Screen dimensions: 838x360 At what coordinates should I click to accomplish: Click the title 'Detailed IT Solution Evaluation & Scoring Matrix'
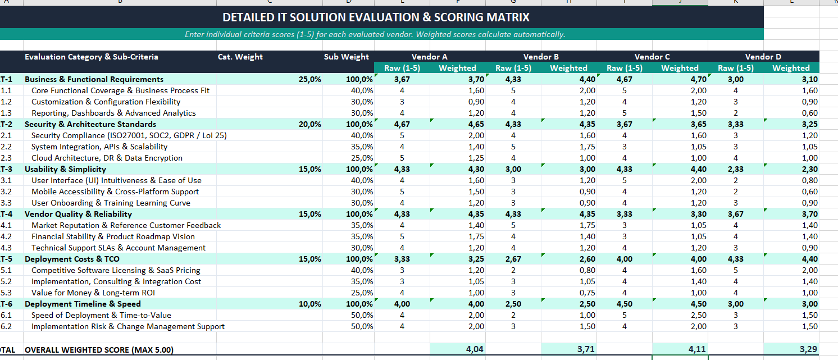pyautogui.click(x=376, y=17)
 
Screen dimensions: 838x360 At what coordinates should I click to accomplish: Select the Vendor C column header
pyautogui.click(x=652, y=57)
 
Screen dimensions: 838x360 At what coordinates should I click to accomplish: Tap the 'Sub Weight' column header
pyautogui.click(x=346, y=57)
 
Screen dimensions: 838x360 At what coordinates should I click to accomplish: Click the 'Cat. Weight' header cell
pyautogui.click(x=240, y=57)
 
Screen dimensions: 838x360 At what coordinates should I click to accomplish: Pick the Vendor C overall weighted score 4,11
pyautogui.click(x=697, y=349)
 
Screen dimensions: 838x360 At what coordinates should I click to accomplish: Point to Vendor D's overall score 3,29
pyautogui.click(x=808, y=349)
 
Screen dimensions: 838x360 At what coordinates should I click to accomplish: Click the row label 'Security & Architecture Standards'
pyautogui.click(x=90, y=124)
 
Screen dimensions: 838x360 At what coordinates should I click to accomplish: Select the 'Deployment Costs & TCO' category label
pyautogui.click(x=72, y=259)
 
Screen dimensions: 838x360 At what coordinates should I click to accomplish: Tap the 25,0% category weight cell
pyautogui.click(x=310, y=79)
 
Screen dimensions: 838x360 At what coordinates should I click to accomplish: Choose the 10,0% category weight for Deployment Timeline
pyautogui.click(x=310, y=304)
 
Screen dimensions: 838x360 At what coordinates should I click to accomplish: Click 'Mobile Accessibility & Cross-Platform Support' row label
pyautogui.click(x=115, y=192)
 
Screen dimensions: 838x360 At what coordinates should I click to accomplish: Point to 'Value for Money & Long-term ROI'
pyautogui.click(x=93, y=293)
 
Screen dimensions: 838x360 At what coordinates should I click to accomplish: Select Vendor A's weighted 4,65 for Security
pyautogui.click(x=476, y=124)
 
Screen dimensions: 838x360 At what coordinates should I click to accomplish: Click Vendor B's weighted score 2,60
pyautogui.click(x=587, y=259)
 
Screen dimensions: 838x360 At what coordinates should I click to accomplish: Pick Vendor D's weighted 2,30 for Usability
pyautogui.click(x=809, y=169)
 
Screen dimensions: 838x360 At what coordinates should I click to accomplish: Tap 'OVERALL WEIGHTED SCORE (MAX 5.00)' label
pyautogui.click(x=99, y=350)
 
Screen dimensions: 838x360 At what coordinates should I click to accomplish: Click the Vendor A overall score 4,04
pyautogui.click(x=475, y=349)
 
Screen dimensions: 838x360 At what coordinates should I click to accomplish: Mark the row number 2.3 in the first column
pyautogui.click(x=6, y=158)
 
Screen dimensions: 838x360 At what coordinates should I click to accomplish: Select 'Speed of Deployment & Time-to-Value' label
pyautogui.click(x=101, y=315)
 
